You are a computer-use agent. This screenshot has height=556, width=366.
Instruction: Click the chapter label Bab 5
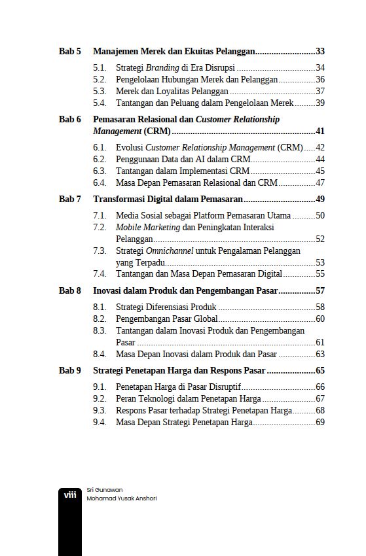(x=70, y=51)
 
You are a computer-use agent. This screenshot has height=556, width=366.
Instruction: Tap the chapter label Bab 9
(x=70, y=370)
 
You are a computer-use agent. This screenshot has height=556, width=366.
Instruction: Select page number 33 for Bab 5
(x=320, y=51)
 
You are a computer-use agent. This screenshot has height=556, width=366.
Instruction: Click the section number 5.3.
(x=100, y=91)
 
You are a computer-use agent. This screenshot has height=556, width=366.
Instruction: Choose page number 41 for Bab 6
(x=320, y=131)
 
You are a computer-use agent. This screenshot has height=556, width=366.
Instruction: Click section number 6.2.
(x=100, y=159)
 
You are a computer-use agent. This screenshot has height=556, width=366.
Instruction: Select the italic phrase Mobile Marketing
(x=147, y=227)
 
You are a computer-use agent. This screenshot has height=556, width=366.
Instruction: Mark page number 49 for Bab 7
(x=320, y=199)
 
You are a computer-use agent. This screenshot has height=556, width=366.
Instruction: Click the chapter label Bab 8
(x=70, y=290)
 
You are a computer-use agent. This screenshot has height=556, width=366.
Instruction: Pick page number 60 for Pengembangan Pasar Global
(x=320, y=319)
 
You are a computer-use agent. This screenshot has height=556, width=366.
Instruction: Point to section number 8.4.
(x=100, y=354)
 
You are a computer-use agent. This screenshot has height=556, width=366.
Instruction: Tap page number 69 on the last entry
(x=320, y=422)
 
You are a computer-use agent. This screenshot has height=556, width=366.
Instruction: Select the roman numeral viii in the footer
(x=70, y=495)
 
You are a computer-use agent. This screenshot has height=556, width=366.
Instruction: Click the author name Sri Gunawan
(x=105, y=489)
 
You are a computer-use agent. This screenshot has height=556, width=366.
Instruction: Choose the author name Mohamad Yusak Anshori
(x=121, y=498)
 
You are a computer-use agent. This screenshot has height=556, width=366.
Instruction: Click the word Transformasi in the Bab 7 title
(x=119, y=199)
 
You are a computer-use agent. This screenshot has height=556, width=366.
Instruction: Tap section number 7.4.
(x=100, y=274)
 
